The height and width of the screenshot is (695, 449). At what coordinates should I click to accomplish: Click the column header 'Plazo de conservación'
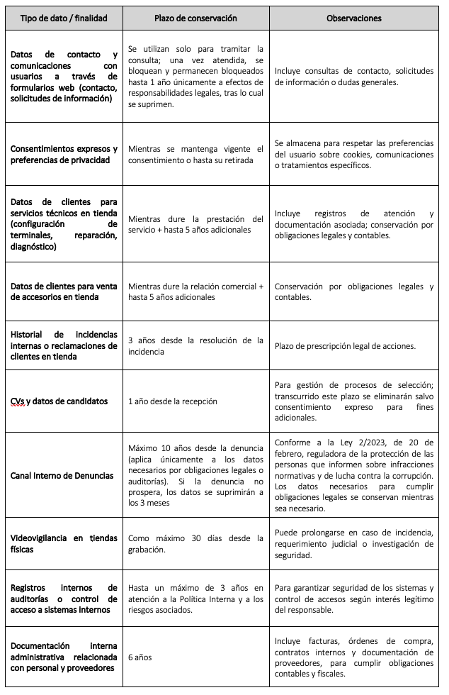pos(195,18)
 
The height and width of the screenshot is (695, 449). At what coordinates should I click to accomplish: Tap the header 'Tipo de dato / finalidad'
pos(64,18)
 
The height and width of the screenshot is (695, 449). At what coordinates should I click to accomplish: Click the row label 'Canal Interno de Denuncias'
pos(62,475)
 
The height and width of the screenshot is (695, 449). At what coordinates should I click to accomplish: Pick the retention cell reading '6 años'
pos(140,657)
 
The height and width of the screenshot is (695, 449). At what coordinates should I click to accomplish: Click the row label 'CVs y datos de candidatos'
pos(59,401)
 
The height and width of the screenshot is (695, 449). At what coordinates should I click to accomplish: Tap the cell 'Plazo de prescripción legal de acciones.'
pos(345,345)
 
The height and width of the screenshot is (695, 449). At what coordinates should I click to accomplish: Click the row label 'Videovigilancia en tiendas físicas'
pos(64,543)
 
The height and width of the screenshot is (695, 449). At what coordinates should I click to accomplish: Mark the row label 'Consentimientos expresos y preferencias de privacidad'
pos(64,154)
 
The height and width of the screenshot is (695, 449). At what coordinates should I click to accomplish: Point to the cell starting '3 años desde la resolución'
pos(195,345)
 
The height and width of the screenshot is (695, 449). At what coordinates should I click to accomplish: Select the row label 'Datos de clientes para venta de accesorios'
pos(64,291)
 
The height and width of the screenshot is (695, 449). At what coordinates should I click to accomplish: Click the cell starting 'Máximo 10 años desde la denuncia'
pos(195,475)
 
